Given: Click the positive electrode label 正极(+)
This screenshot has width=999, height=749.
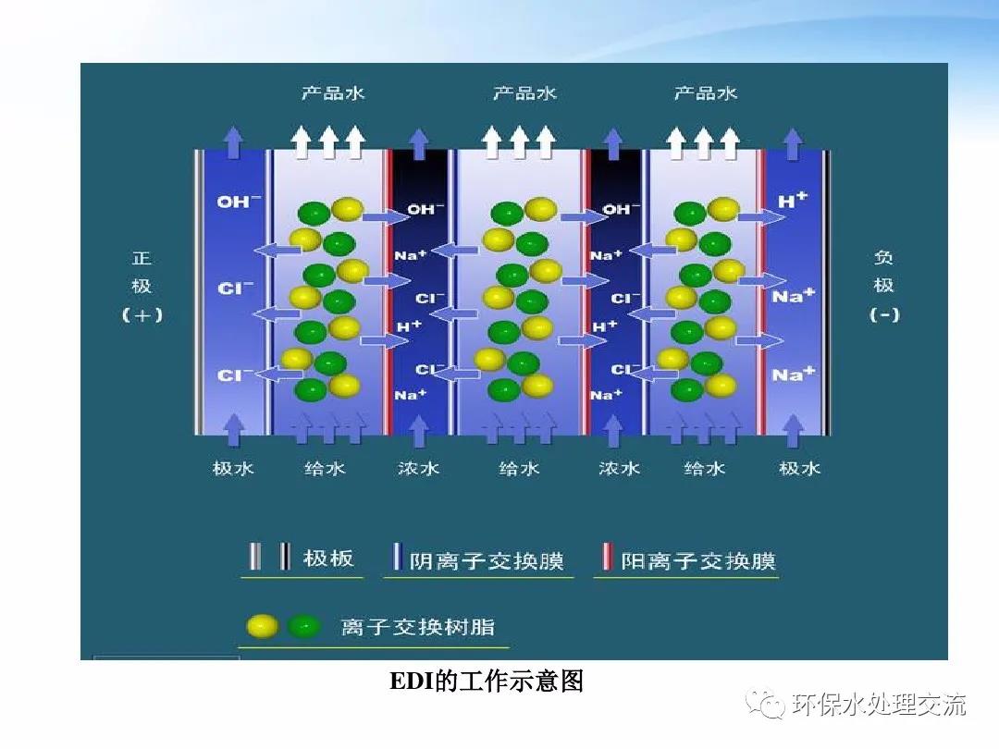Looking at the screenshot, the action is pyautogui.click(x=142, y=287).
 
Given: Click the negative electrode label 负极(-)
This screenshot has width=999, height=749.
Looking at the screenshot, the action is pyautogui.click(x=883, y=286).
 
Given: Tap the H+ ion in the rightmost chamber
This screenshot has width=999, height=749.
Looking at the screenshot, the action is pyautogui.click(x=793, y=200).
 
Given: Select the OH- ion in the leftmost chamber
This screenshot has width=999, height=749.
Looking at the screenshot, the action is pyautogui.click(x=239, y=202).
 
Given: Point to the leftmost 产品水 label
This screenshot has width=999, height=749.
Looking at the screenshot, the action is pyautogui.click(x=333, y=93).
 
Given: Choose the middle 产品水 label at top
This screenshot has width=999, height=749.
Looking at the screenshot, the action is pyautogui.click(x=524, y=93).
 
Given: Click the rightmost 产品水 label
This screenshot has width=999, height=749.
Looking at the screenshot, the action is pyautogui.click(x=705, y=93).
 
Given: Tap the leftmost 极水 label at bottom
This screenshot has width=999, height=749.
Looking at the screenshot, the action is pyautogui.click(x=233, y=469).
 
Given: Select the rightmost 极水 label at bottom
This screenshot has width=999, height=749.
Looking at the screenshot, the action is pyautogui.click(x=799, y=469).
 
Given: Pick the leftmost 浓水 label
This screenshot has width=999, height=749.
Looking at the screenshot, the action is pyautogui.click(x=419, y=469).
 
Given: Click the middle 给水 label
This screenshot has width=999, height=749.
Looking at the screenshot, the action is pyautogui.click(x=519, y=469).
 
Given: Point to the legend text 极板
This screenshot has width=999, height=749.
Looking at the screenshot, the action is pyautogui.click(x=328, y=559).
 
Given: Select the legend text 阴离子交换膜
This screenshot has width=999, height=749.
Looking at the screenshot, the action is pyautogui.click(x=487, y=561).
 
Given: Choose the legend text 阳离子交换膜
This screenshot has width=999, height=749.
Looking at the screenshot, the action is pyautogui.click(x=698, y=561).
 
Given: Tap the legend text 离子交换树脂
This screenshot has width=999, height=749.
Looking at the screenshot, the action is pyautogui.click(x=418, y=627).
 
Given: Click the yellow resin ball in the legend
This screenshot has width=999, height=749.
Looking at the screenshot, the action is pyautogui.click(x=263, y=627).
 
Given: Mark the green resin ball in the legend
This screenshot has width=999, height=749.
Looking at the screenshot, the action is pyautogui.click(x=304, y=627).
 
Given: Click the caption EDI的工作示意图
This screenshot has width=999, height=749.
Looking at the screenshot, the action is pyautogui.click(x=487, y=681).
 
